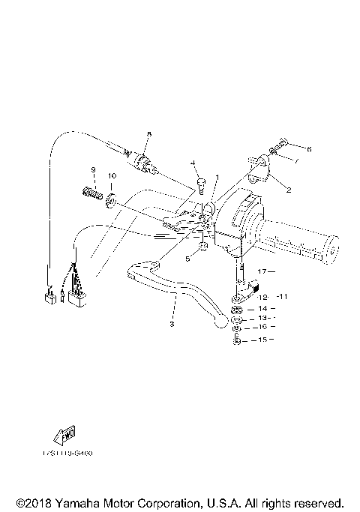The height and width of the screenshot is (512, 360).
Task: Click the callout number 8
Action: tap(148, 134)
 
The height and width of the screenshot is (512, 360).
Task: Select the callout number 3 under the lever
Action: tap(172, 324)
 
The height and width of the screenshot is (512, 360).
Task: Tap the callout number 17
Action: tap(262, 271)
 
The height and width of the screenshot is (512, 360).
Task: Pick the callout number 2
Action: tap(287, 190)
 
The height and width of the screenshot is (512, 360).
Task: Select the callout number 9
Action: tap(94, 169)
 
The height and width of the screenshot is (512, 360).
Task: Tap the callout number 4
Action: tap(193, 163)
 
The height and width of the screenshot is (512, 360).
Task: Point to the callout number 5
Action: tap(187, 258)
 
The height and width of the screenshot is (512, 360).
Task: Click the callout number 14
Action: tap(262, 308)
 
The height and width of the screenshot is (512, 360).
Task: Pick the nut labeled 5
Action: tap(202, 247)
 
